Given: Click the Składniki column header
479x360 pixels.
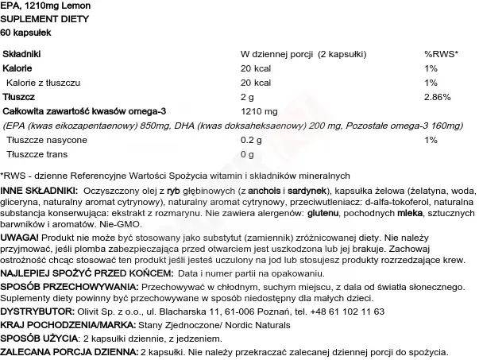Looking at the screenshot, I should coord(22,53).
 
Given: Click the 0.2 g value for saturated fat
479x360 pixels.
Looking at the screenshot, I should coord(251,140).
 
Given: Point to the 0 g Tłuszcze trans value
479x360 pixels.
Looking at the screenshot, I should coord(247,154).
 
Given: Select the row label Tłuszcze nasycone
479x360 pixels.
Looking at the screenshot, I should coord(39,140).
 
